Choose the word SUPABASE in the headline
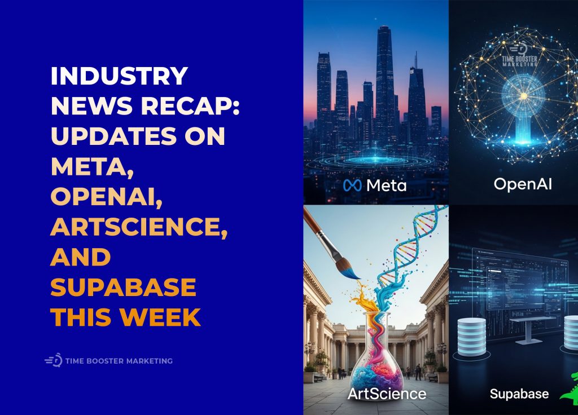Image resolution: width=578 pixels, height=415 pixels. pyautogui.click(x=124, y=288)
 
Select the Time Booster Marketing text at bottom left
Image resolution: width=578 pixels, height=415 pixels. pyautogui.click(x=119, y=361)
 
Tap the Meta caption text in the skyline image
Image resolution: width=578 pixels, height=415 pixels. pyautogui.click(x=386, y=185)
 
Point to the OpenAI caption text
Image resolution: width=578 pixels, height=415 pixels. pyautogui.click(x=522, y=184)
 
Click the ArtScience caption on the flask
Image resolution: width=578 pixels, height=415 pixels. pyautogui.click(x=387, y=393)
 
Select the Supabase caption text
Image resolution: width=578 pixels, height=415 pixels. pyautogui.click(x=519, y=393)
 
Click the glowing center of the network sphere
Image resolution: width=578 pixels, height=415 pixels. pyautogui.click(x=522, y=96)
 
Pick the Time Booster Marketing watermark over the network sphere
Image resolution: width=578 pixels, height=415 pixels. pyautogui.click(x=522, y=54)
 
